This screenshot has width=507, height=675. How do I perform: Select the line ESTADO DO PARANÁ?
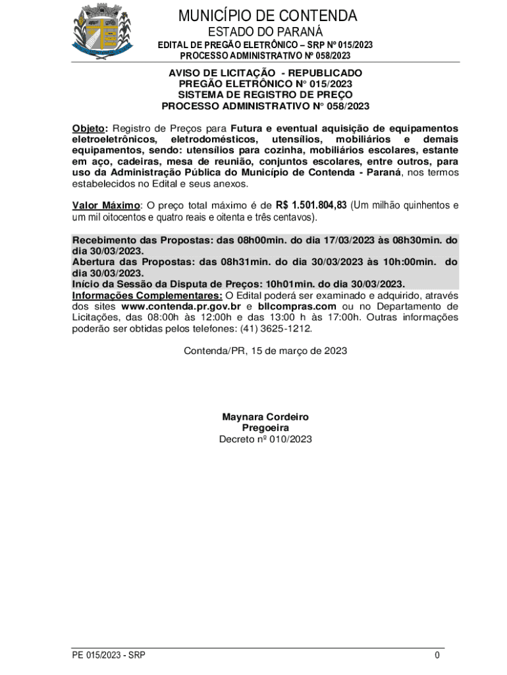pos(265,32)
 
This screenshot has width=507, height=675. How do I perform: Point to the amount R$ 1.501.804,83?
pos(311,205)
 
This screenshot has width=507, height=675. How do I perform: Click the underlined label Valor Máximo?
pos(106,205)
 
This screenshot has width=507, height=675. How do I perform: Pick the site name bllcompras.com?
pos(297,307)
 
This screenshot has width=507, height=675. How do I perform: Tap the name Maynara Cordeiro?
pos(265,417)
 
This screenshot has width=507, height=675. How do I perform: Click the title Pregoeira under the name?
pos(265,428)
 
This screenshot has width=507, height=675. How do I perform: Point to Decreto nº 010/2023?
pos(265,438)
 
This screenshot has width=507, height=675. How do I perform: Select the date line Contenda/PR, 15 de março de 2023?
pos(265,351)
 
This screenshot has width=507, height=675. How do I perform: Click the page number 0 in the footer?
pos(437,655)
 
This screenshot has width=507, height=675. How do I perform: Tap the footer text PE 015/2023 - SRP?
pos(109,655)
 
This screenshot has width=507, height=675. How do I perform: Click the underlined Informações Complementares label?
pos(147,295)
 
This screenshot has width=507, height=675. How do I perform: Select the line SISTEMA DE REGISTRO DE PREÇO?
pos(265,94)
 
